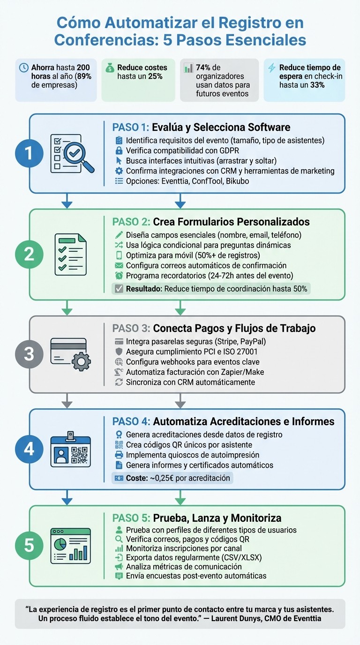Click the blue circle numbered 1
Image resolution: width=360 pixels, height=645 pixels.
pos(29,154)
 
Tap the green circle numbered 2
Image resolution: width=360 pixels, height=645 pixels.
pos(29,254)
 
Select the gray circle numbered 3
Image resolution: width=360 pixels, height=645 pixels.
pos(29,354)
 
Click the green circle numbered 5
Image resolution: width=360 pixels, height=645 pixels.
pos(29,545)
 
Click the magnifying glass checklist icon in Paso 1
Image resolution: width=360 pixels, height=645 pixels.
pos(71,154)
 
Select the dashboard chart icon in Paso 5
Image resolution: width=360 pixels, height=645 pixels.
pos(70,546)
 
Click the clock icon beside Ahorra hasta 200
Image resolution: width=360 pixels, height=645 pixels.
pos(23,67)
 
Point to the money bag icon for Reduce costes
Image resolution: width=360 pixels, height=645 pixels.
pos(109,67)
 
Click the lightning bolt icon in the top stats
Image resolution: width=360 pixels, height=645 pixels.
pos(271,67)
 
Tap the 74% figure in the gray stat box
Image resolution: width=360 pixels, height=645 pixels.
pos(203,67)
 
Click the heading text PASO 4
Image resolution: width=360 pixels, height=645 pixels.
pos(131,421)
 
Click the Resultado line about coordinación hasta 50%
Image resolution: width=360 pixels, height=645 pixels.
pos(211,289)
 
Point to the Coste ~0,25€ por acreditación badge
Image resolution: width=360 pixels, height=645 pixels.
pos(172,478)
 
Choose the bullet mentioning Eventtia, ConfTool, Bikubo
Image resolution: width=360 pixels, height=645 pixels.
pos(187,181)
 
